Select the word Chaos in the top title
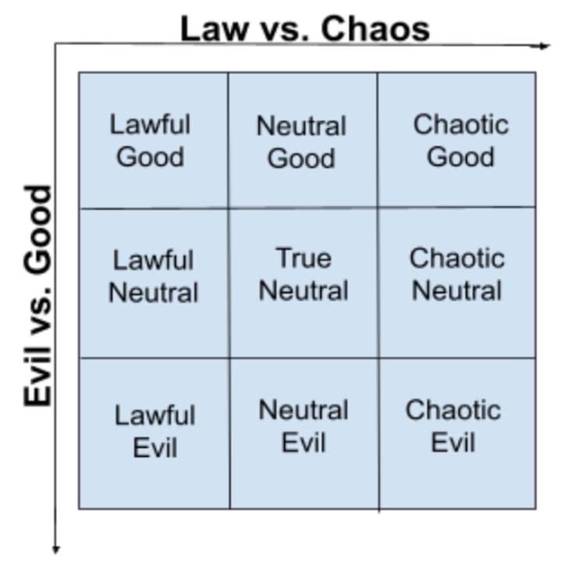pyautogui.click(x=375, y=29)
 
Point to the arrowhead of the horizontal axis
pyautogui.click(x=545, y=46)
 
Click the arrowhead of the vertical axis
pyautogui.click(x=56, y=549)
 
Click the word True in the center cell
pyautogui.click(x=304, y=257)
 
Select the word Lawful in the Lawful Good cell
pyautogui.click(x=150, y=124)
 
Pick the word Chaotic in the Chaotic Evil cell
pyautogui.click(x=453, y=410)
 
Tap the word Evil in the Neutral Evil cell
pyautogui.click(x=303, y=443)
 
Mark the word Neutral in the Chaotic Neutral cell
pyautogui.click(x=457, y=290)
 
